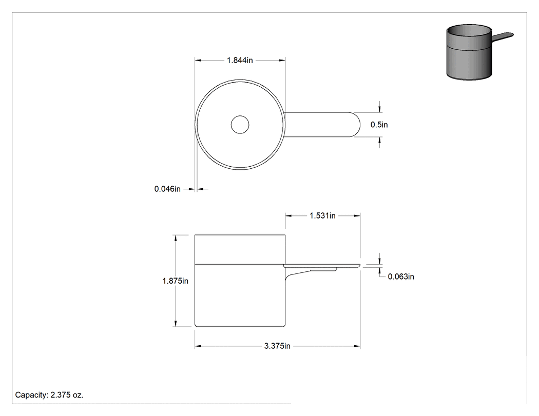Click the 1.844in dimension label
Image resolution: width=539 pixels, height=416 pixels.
pyautogui.click(x=240, y=61)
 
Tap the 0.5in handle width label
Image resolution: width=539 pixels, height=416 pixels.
pyautogui.click(x=379, y=125)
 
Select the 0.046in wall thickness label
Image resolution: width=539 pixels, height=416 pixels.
pyautogui.click(x=167, y=189)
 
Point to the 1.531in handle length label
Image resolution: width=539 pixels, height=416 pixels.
pyautogui.click(x=322, y=216)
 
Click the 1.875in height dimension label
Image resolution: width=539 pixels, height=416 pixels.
pyautogui.click(x=176, y=281)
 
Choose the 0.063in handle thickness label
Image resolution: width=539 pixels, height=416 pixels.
pyautogui.click(x=401, y=276)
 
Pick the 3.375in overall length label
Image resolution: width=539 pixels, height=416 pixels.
pyautogui.click(x=277, y=346)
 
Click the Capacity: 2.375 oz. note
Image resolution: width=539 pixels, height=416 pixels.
pyautogui.click(x=49, y=395)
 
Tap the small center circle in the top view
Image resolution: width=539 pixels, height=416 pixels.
pyautogui.click(x=240, y=125)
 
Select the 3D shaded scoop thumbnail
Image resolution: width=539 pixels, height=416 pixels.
pyautogui.click(x=480, y=52)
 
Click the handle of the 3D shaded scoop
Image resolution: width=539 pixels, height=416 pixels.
pyautogui.click(x=503, y=36)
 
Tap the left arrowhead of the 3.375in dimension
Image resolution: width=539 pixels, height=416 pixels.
pyautogui.click(x=198, y=346)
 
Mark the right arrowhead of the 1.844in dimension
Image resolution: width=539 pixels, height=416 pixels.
pyautogui.click(x=282, y=61)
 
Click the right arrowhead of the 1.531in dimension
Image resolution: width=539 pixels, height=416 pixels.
pyautogui.click(x=357, y=216)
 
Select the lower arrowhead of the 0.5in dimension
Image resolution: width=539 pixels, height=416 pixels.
pyautogui.click(x=379, y=140)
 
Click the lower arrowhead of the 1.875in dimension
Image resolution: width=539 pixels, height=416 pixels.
pyautogui.click(x=176, y=324)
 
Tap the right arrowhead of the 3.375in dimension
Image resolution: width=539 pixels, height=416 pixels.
pyautogui.click(x=357, y=346)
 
